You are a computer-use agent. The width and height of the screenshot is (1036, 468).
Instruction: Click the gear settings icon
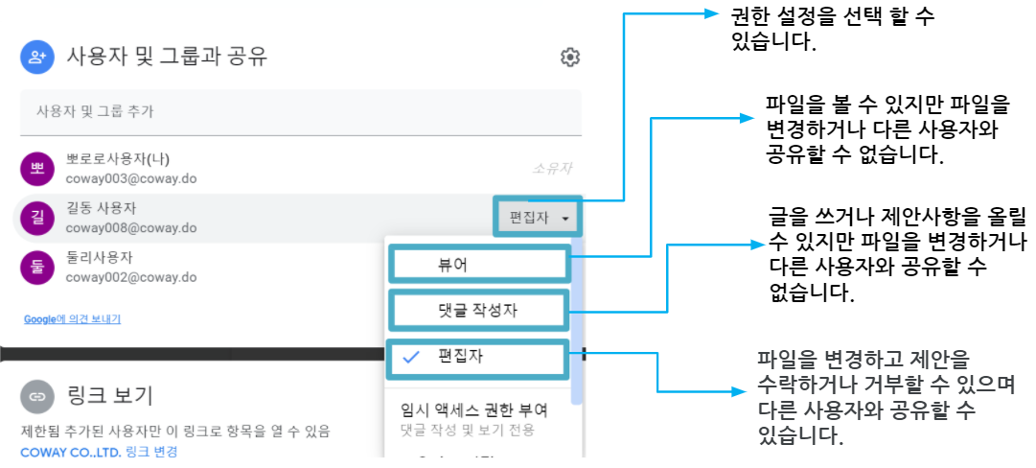pos(569,58)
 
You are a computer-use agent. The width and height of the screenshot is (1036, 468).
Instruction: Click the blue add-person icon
pos(37,57)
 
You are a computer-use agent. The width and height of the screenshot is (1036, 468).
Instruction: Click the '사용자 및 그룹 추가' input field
pos(301,112)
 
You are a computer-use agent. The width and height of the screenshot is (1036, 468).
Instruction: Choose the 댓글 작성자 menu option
pos(480,310)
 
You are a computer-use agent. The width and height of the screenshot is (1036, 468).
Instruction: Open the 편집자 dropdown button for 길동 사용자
pos(538,217)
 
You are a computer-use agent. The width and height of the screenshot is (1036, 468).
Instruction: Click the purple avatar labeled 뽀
pos(37,168)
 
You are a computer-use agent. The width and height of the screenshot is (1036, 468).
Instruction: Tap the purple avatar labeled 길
pos(37,217)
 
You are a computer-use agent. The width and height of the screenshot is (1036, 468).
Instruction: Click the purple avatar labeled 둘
pos(37,266)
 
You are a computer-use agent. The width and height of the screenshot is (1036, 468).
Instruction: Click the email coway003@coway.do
pos(131,178)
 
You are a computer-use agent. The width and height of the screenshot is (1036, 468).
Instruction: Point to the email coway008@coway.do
pos(131,228)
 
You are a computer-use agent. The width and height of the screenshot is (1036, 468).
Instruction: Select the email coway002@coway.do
pos(131,276)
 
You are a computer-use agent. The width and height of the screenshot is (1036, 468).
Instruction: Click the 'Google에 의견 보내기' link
pos(72,319)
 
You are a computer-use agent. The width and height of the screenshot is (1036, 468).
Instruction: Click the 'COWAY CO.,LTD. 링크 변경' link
pos(99,452)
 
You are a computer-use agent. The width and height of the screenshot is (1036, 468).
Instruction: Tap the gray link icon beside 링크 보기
pos(37,397)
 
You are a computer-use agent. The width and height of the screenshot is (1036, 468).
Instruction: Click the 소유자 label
pos(552,169)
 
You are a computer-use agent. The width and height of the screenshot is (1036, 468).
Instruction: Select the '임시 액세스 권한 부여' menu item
pos(474,410)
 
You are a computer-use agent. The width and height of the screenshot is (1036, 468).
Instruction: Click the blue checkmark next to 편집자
pos(412,358)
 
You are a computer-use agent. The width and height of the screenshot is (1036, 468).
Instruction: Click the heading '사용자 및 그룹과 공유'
pos(167,58)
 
